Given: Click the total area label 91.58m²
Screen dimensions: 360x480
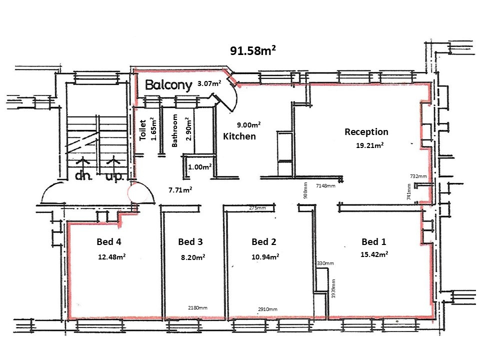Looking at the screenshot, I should [253, 50].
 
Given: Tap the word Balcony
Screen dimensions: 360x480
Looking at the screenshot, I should [168, 85].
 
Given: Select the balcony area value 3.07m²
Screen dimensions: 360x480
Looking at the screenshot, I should [210, 84].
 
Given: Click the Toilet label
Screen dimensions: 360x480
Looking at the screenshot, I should [143, 130].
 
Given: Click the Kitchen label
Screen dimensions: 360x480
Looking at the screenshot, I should [239, 136].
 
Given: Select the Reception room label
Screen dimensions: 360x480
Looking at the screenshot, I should [366, 132].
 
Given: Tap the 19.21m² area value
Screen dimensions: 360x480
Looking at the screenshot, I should [370, 145].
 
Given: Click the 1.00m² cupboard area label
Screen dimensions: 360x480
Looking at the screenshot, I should [200, 167].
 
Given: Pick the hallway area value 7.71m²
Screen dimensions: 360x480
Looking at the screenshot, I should [180, 189].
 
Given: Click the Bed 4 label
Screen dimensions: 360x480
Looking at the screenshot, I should [109, 242].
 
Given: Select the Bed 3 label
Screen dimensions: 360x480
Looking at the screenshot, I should [190, 242].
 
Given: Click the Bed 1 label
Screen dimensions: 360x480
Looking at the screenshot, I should [373, 242].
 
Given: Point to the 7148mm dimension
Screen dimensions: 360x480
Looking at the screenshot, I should [325, 185].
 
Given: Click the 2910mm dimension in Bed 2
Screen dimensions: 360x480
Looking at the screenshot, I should [267, 309].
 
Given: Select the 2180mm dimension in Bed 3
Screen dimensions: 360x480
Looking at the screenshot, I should [197, 308].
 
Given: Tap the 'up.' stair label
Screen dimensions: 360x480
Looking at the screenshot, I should [114, 177].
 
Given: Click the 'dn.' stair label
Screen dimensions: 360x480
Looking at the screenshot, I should [81, 176].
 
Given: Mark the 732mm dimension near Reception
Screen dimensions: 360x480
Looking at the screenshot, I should [418, 176].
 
